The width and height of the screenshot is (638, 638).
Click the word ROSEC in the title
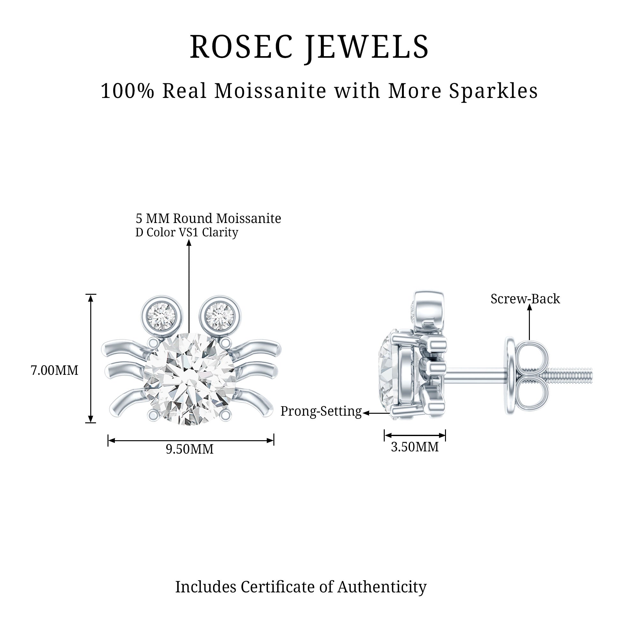point(241,47)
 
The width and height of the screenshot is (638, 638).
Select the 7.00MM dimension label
point(55,370)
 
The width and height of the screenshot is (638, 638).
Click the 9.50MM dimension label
point(189,449)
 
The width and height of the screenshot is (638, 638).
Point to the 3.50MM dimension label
point(415,447)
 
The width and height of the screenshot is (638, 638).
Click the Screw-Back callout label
point(525,299)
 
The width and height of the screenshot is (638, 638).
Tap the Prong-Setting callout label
point(321,411)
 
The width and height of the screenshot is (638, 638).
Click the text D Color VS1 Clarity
point(187,233)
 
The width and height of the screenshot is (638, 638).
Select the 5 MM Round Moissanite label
point(208,218)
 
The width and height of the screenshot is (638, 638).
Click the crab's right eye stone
point(220,313)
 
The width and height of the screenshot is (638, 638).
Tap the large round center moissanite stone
point(189,378)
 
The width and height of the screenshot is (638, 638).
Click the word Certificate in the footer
point(287,587)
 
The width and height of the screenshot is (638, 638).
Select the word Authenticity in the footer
point(382,587)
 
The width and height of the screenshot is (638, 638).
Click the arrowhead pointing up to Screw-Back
point(529,308)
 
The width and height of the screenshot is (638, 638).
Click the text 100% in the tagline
point(128,91)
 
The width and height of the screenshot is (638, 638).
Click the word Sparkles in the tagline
point(493,91)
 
